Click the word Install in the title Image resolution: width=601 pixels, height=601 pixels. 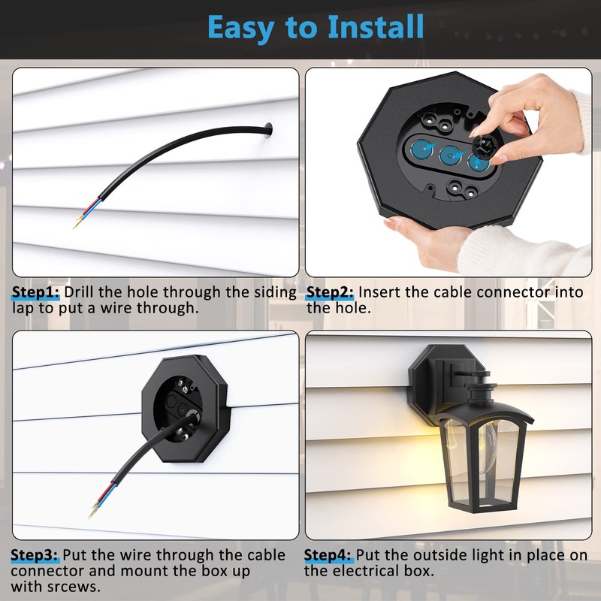(376, 27)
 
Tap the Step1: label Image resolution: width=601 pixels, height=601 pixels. (37, 292)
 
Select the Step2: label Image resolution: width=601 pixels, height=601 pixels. (331, 292)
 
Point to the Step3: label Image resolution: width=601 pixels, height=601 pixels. (35, 555)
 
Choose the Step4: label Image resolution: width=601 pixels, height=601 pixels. (328, 555)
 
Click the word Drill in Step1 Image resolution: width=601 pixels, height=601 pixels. (84, 292)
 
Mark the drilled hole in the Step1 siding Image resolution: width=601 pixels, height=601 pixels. (269, 133)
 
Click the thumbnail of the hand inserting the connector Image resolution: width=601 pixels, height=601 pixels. (448, 171)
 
